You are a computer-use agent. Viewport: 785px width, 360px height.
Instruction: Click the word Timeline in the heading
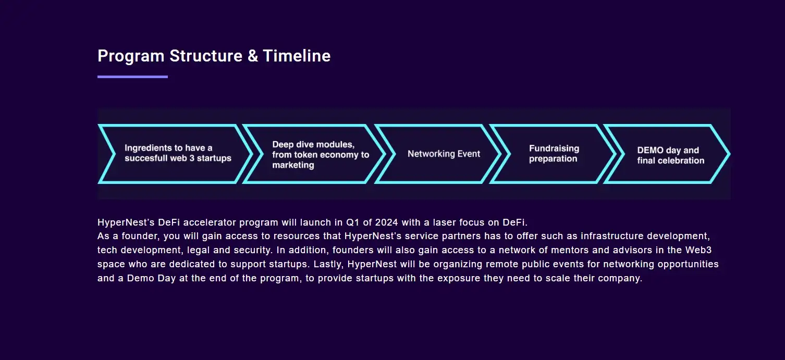(x=297, y=56)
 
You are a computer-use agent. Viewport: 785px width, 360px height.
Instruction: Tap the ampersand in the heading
(x=252, y=56)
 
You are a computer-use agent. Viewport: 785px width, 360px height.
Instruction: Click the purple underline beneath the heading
(x=132, y=77)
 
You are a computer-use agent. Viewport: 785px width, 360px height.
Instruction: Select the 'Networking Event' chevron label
(x=444, y=154)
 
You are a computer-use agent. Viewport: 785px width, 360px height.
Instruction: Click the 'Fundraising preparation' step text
(x=554, y=153)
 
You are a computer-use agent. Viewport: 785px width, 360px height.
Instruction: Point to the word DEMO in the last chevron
(x=650, y=150)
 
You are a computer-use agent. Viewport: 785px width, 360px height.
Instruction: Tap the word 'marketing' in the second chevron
(x=293, y=165)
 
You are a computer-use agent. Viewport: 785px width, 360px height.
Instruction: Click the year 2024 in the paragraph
(x=387, y=222)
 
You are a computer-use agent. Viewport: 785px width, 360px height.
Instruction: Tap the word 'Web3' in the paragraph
(x=698, y=250)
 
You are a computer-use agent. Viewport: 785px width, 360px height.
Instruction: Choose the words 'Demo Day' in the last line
(x=151, y=278)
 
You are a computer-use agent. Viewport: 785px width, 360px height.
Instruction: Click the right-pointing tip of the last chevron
(x=730, y=154)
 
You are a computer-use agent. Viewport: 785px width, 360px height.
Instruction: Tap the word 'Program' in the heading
(x=131, y=56)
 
